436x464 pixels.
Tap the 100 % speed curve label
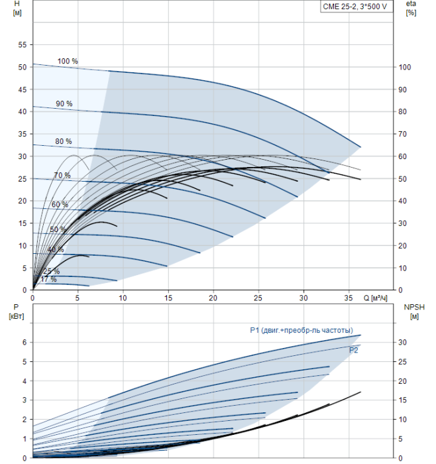click(68, 62)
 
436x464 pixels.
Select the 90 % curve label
click(64, 104)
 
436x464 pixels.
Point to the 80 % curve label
click(64, 141)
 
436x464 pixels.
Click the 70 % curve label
click(62, 175)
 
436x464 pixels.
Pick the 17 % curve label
click(48, 280)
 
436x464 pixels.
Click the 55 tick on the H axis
click(22, 44)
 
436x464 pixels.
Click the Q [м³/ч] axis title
click(379, 297)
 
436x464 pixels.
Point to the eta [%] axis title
click(411, 9)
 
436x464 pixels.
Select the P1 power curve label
click(301, 330)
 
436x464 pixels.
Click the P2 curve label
click(353, 350)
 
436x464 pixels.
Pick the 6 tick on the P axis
click(25, 342)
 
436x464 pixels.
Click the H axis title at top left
click(17, 9)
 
